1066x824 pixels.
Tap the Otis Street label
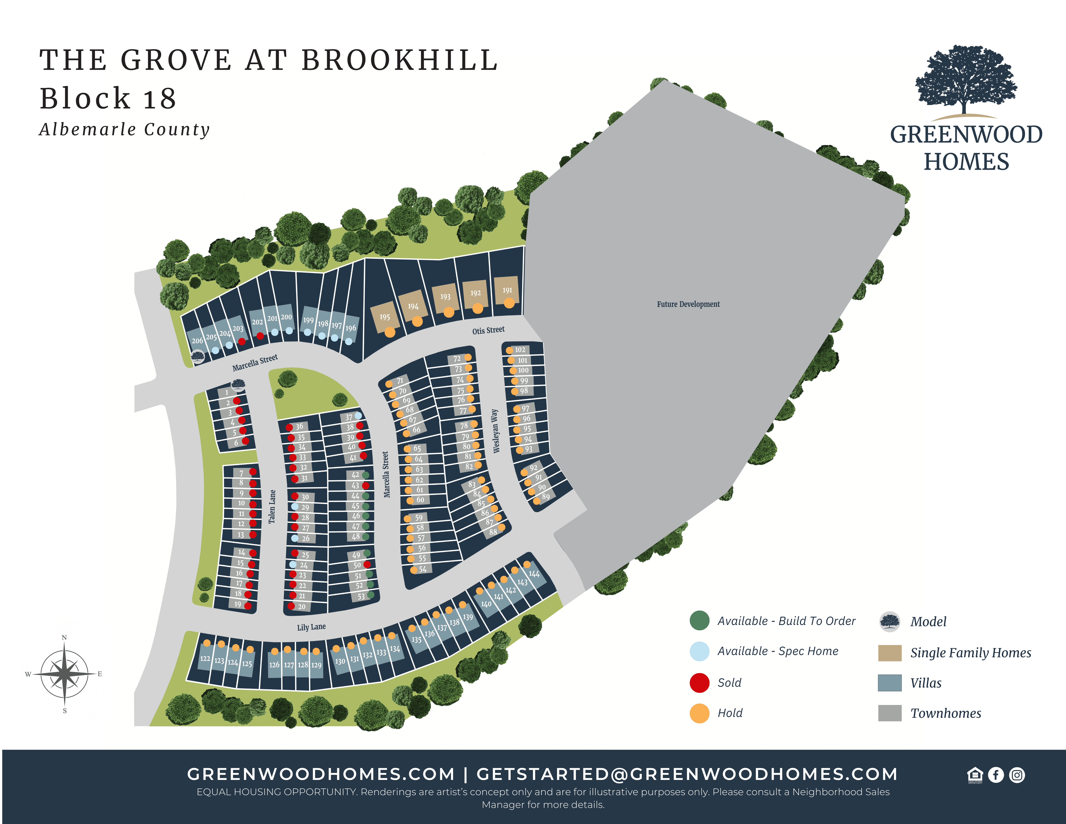(488, 330)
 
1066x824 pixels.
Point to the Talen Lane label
(272, 507)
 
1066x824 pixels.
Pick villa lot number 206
(197, 341)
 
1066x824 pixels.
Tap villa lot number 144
(534, 574)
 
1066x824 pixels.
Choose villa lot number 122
(205, 658)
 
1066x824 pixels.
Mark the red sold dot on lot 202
(260, 336)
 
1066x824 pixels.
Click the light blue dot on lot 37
(358, 415)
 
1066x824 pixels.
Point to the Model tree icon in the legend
(889, 622)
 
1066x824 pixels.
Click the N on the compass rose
(64, 638)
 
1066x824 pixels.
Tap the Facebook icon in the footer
(996, 775)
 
